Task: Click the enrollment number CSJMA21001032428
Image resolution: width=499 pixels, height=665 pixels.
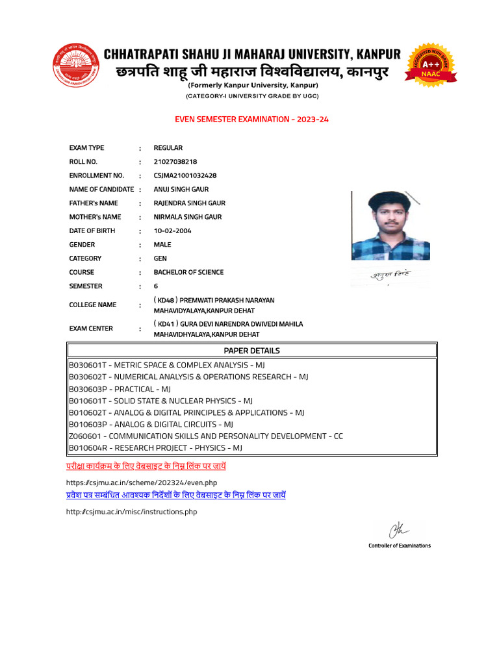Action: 185,175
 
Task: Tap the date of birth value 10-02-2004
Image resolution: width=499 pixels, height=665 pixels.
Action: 172,231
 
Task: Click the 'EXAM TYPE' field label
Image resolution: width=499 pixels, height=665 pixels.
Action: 86,148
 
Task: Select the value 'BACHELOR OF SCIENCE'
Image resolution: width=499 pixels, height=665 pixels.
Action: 188,272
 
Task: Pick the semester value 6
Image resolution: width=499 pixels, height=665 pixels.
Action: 156,286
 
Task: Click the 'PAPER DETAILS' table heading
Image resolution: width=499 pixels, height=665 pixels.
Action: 251,351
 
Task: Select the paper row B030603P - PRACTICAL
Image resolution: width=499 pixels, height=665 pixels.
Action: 120,389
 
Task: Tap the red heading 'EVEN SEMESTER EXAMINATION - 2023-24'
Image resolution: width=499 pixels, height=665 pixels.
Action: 251,119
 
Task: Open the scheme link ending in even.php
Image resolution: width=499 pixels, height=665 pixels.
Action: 141,483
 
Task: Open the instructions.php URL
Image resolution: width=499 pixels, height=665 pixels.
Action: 131,512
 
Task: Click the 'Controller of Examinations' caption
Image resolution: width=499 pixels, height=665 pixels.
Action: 399,546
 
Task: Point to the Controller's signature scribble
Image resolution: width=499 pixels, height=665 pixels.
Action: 397,531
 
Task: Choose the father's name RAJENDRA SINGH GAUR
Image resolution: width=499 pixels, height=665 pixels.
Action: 189,203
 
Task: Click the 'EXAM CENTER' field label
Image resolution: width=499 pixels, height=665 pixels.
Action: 91,329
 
